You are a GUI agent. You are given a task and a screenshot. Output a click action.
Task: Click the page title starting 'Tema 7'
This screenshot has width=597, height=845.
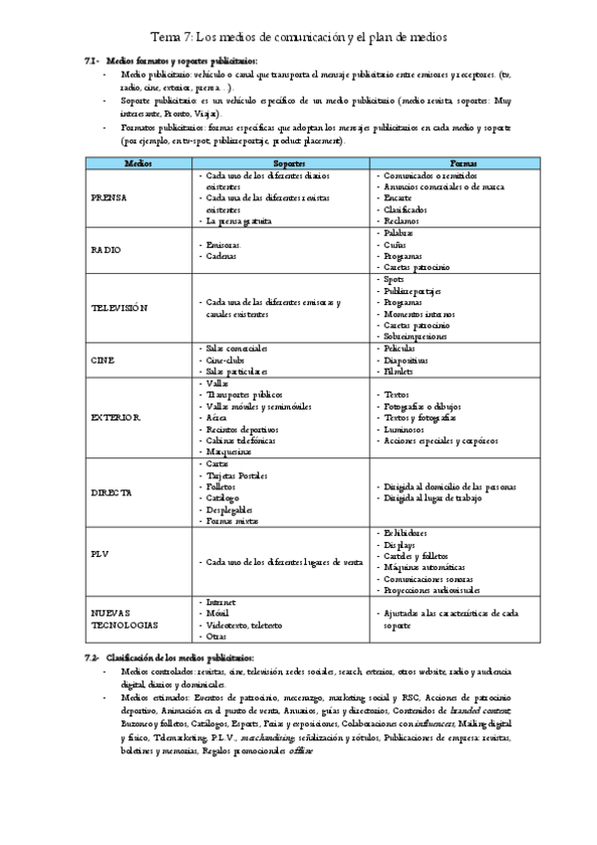tap(298, 37)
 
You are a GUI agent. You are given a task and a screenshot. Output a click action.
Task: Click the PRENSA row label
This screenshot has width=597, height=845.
tap(109, 198)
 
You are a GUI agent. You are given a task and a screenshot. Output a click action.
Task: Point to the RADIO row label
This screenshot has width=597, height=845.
tap(106, 248)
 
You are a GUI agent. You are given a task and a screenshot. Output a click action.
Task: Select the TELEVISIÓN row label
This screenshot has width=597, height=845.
tap(119, 308)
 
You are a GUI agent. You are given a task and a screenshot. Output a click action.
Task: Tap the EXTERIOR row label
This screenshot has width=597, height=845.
tap(116, 417)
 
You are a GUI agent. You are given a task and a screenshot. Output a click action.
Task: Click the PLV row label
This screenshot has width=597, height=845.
tap(99, 554)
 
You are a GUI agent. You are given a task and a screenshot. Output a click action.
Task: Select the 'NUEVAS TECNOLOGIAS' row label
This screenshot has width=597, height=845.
tap(125, 619)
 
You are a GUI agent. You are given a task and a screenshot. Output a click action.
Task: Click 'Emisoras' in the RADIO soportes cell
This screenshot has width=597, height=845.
tap(222, 243)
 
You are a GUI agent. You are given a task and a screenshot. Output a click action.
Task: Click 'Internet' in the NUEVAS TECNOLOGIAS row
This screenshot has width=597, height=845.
tap(221, 602)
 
